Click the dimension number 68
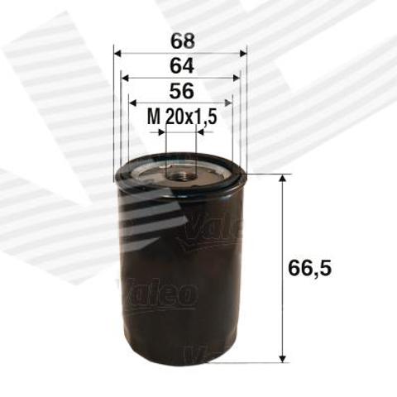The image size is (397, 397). tap(183, 41)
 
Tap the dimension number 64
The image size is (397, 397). tap(182, 66)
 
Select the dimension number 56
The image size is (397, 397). tap(182, 91)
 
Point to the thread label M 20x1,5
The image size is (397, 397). tap(182, 117)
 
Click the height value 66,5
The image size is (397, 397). tap(309, 268)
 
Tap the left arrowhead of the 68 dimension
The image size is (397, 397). tap(117, 54)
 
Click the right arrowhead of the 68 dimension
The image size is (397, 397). tap(243, 54)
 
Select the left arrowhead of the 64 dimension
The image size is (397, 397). tap(125, 78)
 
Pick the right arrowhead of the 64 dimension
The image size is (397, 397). tap(237, 78)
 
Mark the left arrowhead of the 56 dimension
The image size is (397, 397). tap(132, 103)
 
